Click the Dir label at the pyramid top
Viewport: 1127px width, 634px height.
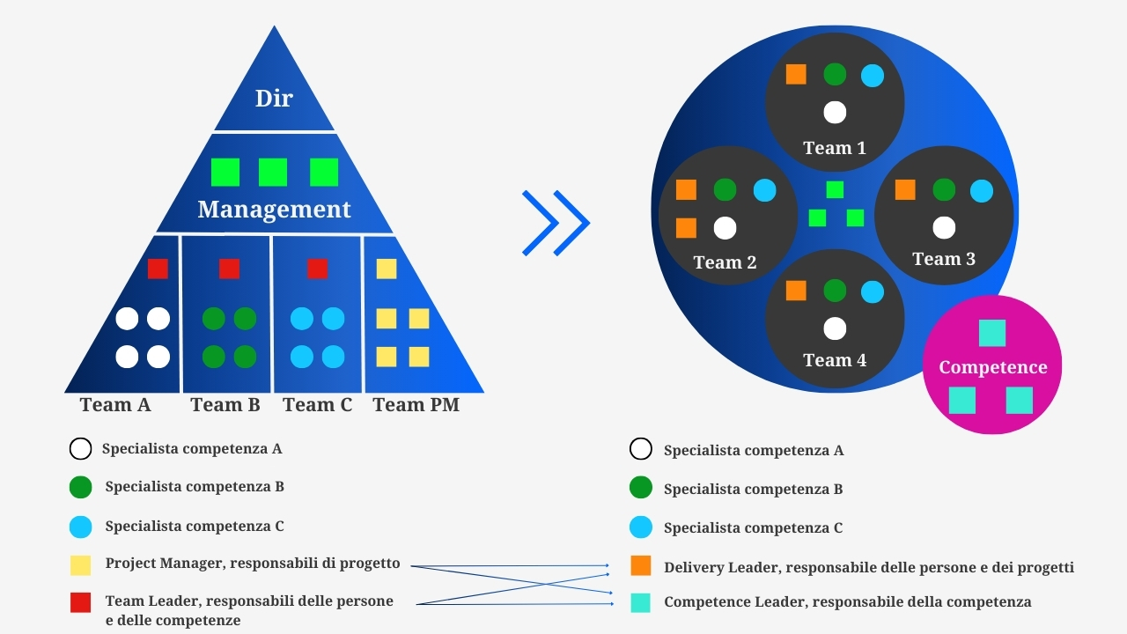[274, 99]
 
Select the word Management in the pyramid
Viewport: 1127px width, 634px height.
[274, 210]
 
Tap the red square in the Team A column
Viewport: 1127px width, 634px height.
[158, 269]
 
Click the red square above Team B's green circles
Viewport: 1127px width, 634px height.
[229, 269]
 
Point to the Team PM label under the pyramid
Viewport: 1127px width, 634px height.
[416, 405]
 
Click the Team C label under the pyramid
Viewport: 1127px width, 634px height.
[317, 405]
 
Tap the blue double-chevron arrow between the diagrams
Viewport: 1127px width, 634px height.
[556, 223]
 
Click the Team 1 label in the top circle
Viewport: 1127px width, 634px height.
[835, 148]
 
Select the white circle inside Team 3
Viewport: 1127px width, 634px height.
[944, 228]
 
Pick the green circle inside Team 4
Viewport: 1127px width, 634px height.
[835, 291]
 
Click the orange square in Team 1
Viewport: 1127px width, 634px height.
[796, 74]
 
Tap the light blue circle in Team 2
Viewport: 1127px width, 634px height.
[765, 190]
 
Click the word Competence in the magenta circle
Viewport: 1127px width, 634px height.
[993, 367]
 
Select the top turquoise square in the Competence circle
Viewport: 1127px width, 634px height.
[992, 333]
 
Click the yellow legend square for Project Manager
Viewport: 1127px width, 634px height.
[80, 565]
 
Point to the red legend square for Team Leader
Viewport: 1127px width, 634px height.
[80, 602]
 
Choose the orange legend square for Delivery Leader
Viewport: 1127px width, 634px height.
[641, 566]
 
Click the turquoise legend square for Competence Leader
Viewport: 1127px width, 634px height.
[641, 603]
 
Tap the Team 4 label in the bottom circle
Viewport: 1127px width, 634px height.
[835, 360]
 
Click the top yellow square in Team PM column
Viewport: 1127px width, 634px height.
[387, 269]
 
